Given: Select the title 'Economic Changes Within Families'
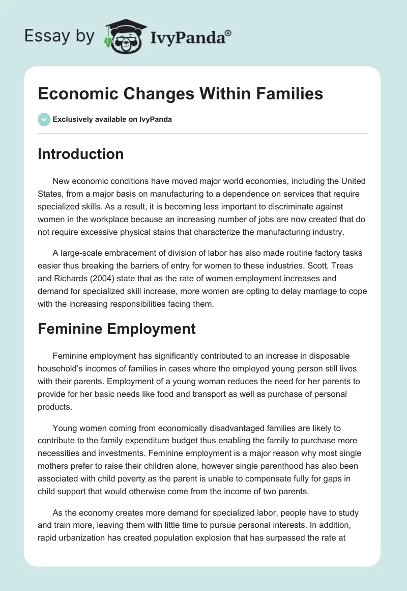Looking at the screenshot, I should coord(180,94).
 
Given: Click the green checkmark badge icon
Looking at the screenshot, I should coord(44,119).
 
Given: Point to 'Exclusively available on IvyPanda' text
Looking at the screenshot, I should coord(112,120).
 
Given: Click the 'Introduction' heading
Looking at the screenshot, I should coord(80,154).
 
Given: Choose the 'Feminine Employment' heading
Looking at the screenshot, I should coord(117,329).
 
